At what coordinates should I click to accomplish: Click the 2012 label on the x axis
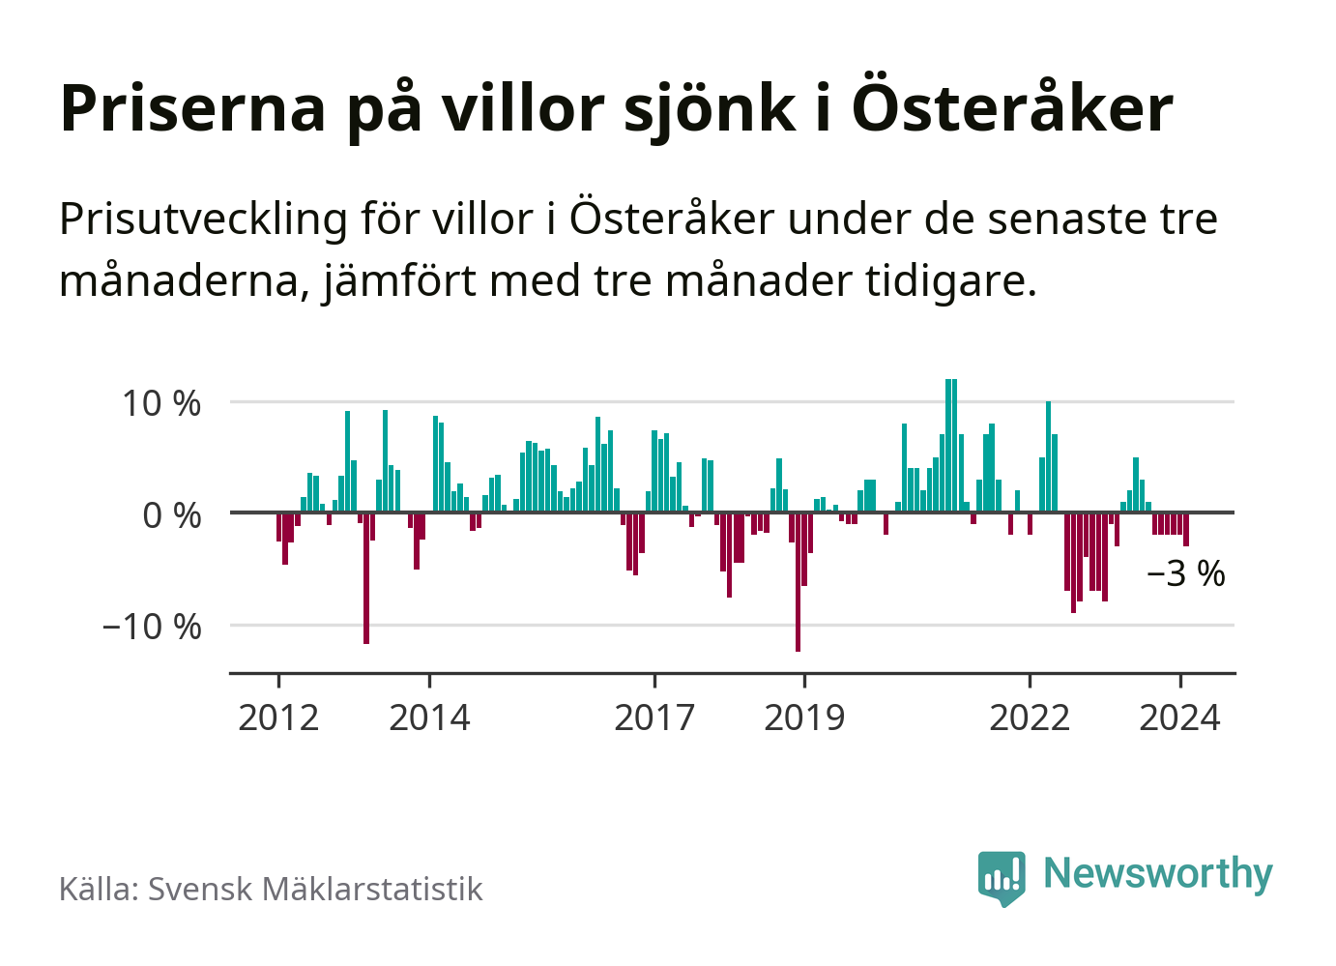[x=278, y=718]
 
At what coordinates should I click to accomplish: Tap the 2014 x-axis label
[x=429, y=718]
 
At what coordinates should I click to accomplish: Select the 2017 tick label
[x=654, y=718]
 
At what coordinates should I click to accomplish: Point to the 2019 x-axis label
[x=804, y=718]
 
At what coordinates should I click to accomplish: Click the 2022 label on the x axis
[x=1030, y=718]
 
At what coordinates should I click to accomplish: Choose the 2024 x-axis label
[x=1179, y=718]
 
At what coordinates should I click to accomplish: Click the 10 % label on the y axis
[x=161, y=403]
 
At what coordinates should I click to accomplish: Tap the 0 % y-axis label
[x=172, y=515]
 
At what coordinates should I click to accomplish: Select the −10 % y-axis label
[x=152, y=627]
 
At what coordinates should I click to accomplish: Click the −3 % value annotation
[x=1185, y=574]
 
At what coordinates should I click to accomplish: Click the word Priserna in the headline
[x=193, y=108]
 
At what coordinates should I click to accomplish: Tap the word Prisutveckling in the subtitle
[x=203, y=220]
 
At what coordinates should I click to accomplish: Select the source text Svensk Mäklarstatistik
[x=315, y=889]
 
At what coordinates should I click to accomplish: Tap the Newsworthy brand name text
[x=1158, y=873]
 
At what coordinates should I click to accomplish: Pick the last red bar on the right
[x=1186, y=530]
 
